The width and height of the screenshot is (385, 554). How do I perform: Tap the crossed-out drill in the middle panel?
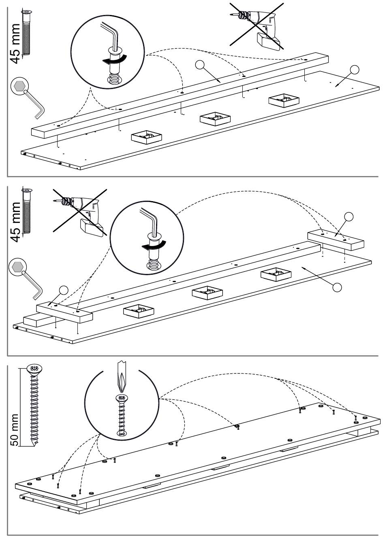coord(79,212)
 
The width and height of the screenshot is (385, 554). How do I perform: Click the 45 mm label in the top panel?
coord(15,44)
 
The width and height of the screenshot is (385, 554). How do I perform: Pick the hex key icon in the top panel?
coord(27,98)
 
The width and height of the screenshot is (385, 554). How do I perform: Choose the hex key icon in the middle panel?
coord(25,278)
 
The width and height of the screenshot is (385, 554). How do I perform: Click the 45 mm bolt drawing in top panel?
coord(26,33)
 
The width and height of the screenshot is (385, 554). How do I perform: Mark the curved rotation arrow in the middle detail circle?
coord(154,246)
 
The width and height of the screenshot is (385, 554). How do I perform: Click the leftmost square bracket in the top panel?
coord(146,137)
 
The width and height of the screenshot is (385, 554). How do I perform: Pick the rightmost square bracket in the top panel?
coord(284,100)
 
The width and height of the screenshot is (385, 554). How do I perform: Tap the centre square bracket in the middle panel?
coord(207,293)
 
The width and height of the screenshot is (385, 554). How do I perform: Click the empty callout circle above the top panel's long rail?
coord(200,65)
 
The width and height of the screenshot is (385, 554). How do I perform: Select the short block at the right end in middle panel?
coord(336,241)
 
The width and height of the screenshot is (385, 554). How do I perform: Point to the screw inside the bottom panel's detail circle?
coord(122,416)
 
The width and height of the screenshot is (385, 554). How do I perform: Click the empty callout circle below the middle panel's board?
coord(337,287)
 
